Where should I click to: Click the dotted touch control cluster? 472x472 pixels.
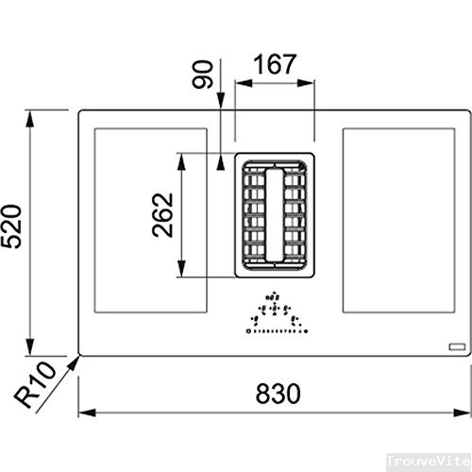274,317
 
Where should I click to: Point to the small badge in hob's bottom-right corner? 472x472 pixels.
457,346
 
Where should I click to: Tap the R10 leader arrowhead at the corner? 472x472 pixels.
75,360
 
